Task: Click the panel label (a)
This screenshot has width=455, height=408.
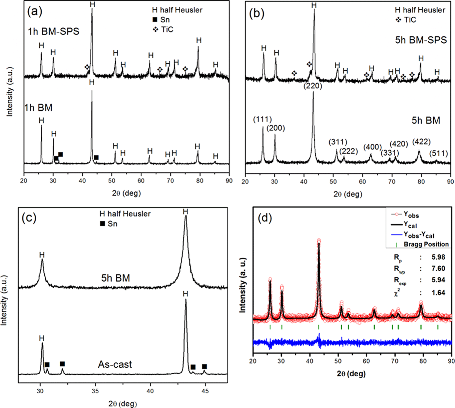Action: [35, 12]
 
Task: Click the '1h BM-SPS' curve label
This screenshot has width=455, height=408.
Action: [54, 31]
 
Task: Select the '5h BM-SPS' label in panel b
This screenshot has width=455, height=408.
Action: [421, 40]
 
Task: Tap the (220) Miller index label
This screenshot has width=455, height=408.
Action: [313, 86]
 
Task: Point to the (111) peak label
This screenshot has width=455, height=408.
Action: [262, 120]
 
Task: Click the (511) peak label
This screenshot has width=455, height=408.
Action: [439, 153]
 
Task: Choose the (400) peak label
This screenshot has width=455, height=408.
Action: [373, 147]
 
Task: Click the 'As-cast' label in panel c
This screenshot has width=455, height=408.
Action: [115, 364]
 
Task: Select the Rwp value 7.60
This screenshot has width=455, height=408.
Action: [438, 268]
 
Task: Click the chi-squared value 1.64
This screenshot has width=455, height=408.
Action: [438, 293]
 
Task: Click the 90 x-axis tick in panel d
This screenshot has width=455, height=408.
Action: [451, 361]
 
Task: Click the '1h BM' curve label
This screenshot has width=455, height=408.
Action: [38, 108]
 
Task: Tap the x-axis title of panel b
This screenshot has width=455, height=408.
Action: [348, 194]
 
